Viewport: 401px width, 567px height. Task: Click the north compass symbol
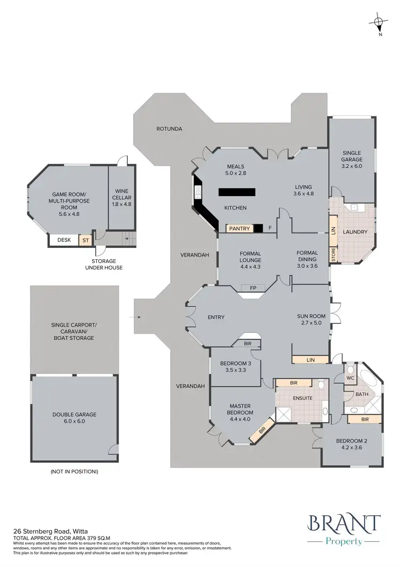[379, 23]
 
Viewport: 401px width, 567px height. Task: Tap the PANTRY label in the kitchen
[240, 229]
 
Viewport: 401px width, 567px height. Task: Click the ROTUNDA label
[169, 129]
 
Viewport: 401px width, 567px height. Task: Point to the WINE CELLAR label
[121, 194]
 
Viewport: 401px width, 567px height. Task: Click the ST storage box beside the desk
[85, 240]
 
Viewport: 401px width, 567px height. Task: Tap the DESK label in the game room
[64, 240]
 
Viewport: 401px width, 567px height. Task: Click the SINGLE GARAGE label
[352, 156]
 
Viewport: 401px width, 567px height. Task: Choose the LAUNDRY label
[354, 232]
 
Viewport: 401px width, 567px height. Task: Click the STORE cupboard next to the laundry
[333, 254]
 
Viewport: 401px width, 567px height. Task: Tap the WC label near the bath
[351, 377]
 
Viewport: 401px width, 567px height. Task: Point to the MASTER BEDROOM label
[240, 409]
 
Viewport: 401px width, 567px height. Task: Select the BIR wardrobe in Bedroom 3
[248, 344]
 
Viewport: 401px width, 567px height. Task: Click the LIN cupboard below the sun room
[310, 360]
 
